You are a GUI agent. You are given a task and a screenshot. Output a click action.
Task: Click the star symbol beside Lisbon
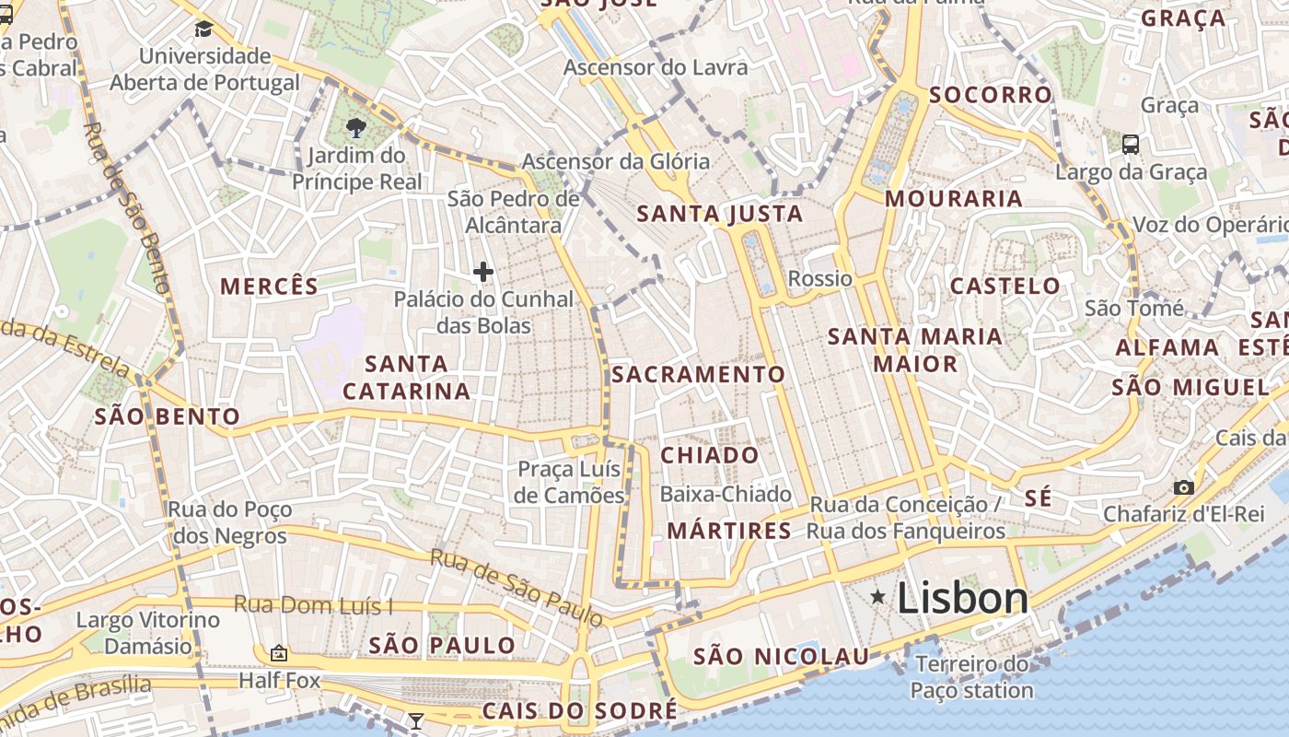(x=879, y=599)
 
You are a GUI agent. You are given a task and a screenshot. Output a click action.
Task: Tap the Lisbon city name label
(x=962, y=599)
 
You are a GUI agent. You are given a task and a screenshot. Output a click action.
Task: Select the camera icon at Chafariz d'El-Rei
(x=1184, y=487)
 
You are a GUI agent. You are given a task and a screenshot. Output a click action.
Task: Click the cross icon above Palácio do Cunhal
(x=483, y=272)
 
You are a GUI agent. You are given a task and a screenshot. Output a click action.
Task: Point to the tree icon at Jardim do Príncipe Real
(x=355, y=128)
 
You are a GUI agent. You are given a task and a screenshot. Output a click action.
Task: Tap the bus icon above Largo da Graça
(x=1131, y=145)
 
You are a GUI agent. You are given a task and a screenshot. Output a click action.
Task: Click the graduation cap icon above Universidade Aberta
(x=203, y=29)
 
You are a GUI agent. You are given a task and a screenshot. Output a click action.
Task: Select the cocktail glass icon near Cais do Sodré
(x=416, y=719)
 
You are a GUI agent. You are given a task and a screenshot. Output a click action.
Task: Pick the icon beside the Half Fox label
(x=279, y=654)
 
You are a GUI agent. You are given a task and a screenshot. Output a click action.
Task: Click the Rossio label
(x=820, y=278)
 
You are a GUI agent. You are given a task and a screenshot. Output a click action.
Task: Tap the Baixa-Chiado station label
(x=726, y=495)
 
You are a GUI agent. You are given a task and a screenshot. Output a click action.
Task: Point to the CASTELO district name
(x=1004, y=286)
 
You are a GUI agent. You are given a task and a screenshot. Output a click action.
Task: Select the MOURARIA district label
(x=954, y=199)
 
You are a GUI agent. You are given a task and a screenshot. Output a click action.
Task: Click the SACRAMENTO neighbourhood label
(x=698, y=375)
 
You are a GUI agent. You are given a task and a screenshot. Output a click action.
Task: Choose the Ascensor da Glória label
(x=616, y=162)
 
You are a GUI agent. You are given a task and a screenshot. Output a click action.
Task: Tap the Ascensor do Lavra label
(x=656, y=67)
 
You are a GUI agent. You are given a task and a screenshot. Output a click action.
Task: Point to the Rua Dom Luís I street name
(x=313, y=605)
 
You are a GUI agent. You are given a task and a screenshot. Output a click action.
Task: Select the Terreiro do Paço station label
(x=972, y=677)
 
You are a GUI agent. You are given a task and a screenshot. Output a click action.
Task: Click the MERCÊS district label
(x=269, y=287)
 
